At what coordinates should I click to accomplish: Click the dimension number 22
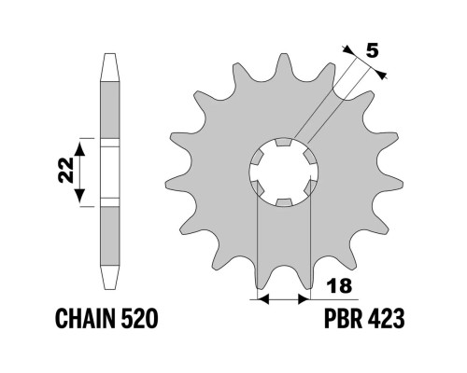tap(65, 170)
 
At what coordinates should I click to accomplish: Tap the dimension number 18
tap(339, 285)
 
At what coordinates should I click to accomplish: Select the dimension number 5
tap(372, 50)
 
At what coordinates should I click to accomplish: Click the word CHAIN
tap(85, 319)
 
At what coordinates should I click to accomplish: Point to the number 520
tap(139, 319)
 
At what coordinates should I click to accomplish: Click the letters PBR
tap(343, 319)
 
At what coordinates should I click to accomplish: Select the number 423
tap(386, 319)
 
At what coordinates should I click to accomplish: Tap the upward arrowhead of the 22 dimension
tap(80, 148)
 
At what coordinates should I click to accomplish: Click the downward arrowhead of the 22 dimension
tap(80, 195)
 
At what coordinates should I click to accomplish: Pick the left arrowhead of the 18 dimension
tap(263, 299)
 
